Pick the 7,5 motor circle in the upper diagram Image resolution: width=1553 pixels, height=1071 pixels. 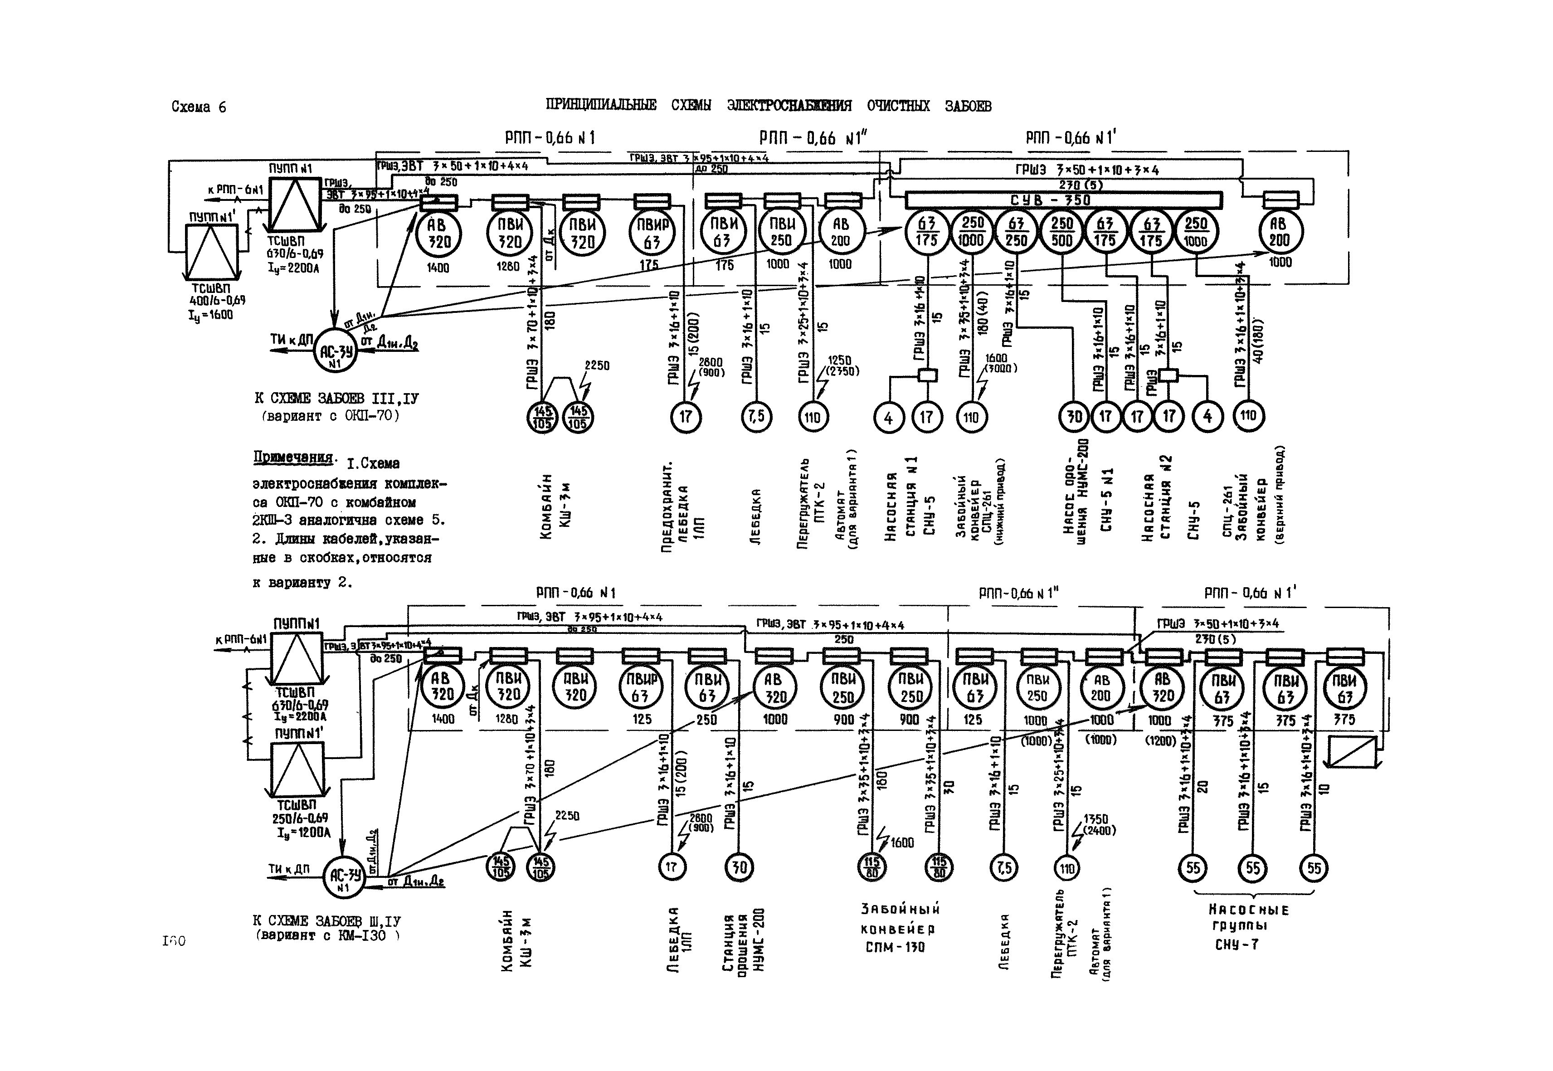756,417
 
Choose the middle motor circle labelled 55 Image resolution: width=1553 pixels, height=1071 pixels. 1252,868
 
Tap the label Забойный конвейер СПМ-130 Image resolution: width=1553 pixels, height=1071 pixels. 900,928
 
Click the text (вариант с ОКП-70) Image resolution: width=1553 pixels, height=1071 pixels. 330,416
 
